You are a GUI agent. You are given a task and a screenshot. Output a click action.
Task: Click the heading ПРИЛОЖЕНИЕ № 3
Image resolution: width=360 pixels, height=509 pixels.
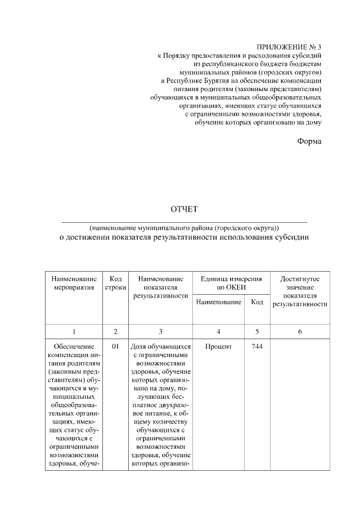(x=289, y=48)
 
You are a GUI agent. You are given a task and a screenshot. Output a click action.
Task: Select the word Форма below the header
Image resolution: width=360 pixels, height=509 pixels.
(x=309, y=141)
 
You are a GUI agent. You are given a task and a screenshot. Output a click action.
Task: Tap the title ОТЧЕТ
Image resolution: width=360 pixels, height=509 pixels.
(x=184, y=210)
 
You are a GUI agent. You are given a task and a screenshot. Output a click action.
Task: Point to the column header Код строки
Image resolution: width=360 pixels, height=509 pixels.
(x=115, y=283)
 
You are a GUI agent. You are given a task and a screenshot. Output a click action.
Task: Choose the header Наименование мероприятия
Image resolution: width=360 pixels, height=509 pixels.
(x=74, y=283)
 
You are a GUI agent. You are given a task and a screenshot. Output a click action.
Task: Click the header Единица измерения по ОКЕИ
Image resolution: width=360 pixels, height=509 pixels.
(x=231, y=283)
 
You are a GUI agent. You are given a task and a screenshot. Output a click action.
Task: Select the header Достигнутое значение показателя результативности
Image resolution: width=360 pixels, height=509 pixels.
(x=299, y=291)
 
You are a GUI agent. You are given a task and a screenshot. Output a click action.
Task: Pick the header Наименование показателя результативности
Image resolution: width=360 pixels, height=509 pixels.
(x=160, y=287)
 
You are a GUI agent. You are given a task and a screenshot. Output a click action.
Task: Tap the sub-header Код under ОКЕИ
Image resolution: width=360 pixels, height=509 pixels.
(x=257, y=303)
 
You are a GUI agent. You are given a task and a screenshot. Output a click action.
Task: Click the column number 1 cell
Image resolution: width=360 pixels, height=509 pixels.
(x=74, y=332)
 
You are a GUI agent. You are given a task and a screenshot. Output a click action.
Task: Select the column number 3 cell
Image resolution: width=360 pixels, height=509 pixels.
(x=160, y=332)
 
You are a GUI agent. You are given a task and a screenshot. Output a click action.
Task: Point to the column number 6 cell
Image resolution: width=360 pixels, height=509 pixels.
(x=299, y=332)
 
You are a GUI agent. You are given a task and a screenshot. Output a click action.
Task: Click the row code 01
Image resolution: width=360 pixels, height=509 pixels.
(x=115, y=347)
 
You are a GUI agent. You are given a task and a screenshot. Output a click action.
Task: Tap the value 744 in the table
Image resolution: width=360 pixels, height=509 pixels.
(x=257, y=347)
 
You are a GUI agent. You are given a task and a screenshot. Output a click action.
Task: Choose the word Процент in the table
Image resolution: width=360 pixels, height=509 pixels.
(x=218, y=347)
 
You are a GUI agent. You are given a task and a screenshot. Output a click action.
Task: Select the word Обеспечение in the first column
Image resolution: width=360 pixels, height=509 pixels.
(x=74, y=347)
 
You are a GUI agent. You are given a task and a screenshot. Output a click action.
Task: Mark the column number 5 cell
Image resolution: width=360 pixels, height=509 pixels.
(x=257, y=332)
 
